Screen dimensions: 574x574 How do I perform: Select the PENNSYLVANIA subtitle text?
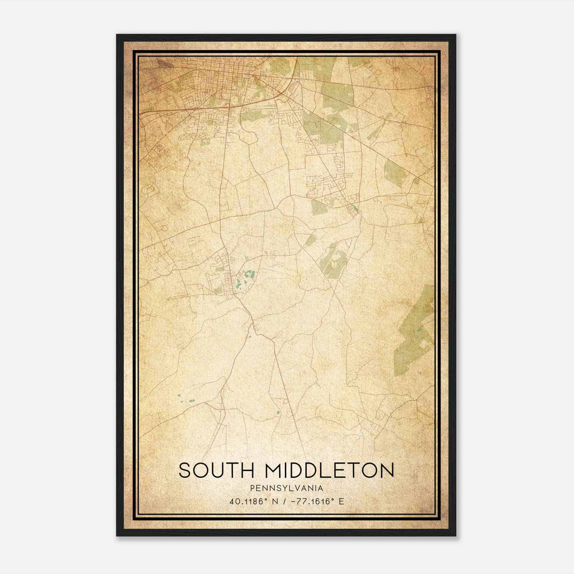[287, 488]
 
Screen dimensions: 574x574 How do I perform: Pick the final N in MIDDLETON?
[387, 470]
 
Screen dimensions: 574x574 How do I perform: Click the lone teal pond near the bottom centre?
[278, 412]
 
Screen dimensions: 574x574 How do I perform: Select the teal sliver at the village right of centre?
[355, 208]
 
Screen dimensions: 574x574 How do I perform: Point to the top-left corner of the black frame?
[117, 35]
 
